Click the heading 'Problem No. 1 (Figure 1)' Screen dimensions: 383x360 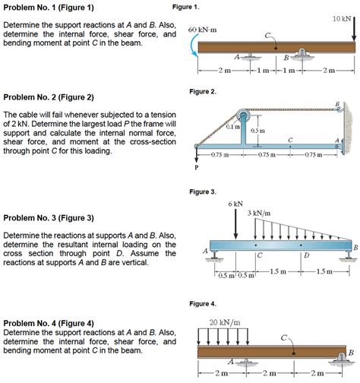coord(49,8)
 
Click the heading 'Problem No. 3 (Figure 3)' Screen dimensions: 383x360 coord(49,218)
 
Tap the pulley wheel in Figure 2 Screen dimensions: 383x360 coord(245,118)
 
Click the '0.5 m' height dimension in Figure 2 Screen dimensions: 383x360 coord(257,131)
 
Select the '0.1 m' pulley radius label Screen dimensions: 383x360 coord(232,126)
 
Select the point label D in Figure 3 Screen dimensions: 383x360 coord(305,256)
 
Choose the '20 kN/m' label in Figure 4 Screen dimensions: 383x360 coord(225,321)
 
